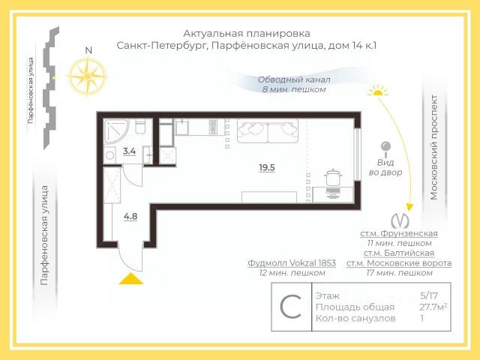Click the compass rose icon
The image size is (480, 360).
pyautogui.click(x=88, y=74)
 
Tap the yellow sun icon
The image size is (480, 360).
pyautogui.click(x=378, y=91)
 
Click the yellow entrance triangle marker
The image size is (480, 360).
pyautogui.click(x=132, y=279)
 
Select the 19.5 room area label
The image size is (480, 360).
pyautogui.click(x=267, y=168)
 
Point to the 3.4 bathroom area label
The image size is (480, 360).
pyautogui.click(x=129, y=151)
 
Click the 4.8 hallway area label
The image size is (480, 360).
pyautogui.click(x=130, y=217)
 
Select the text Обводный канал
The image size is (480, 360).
pyautogui.click(x=294, y=79)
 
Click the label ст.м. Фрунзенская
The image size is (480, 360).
pyautogui.click(x=399, y=233)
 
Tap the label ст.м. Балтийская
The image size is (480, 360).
pyautogui.click(x=399, y=253)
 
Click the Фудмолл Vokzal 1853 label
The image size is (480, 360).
pyautogui.click(x=292, y=263)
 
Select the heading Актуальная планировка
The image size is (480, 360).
pyautogui.click(x=247, y=33)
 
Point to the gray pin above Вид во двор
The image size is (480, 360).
pyautogui.click(x=386, y=146)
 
